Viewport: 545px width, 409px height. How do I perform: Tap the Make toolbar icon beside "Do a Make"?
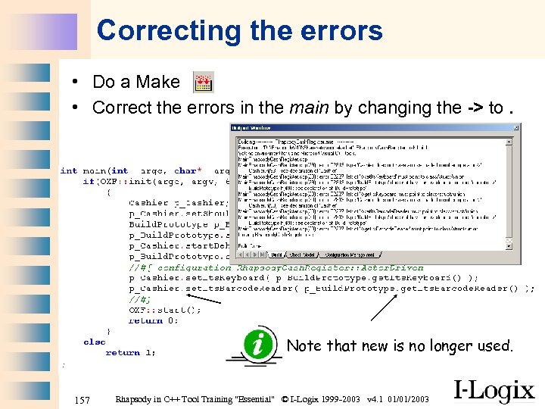(203, 82)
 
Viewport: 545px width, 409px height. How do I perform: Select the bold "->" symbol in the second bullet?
(473, 108)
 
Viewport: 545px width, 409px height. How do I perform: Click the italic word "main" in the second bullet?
(309, 108)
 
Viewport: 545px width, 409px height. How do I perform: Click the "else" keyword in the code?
(95, 342)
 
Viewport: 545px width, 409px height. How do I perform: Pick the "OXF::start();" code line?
(165, 309)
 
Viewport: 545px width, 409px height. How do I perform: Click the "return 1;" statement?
(131, 352)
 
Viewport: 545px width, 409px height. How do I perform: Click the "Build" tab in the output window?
(277, 255)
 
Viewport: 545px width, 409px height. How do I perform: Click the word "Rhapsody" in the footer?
(135, 399)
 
